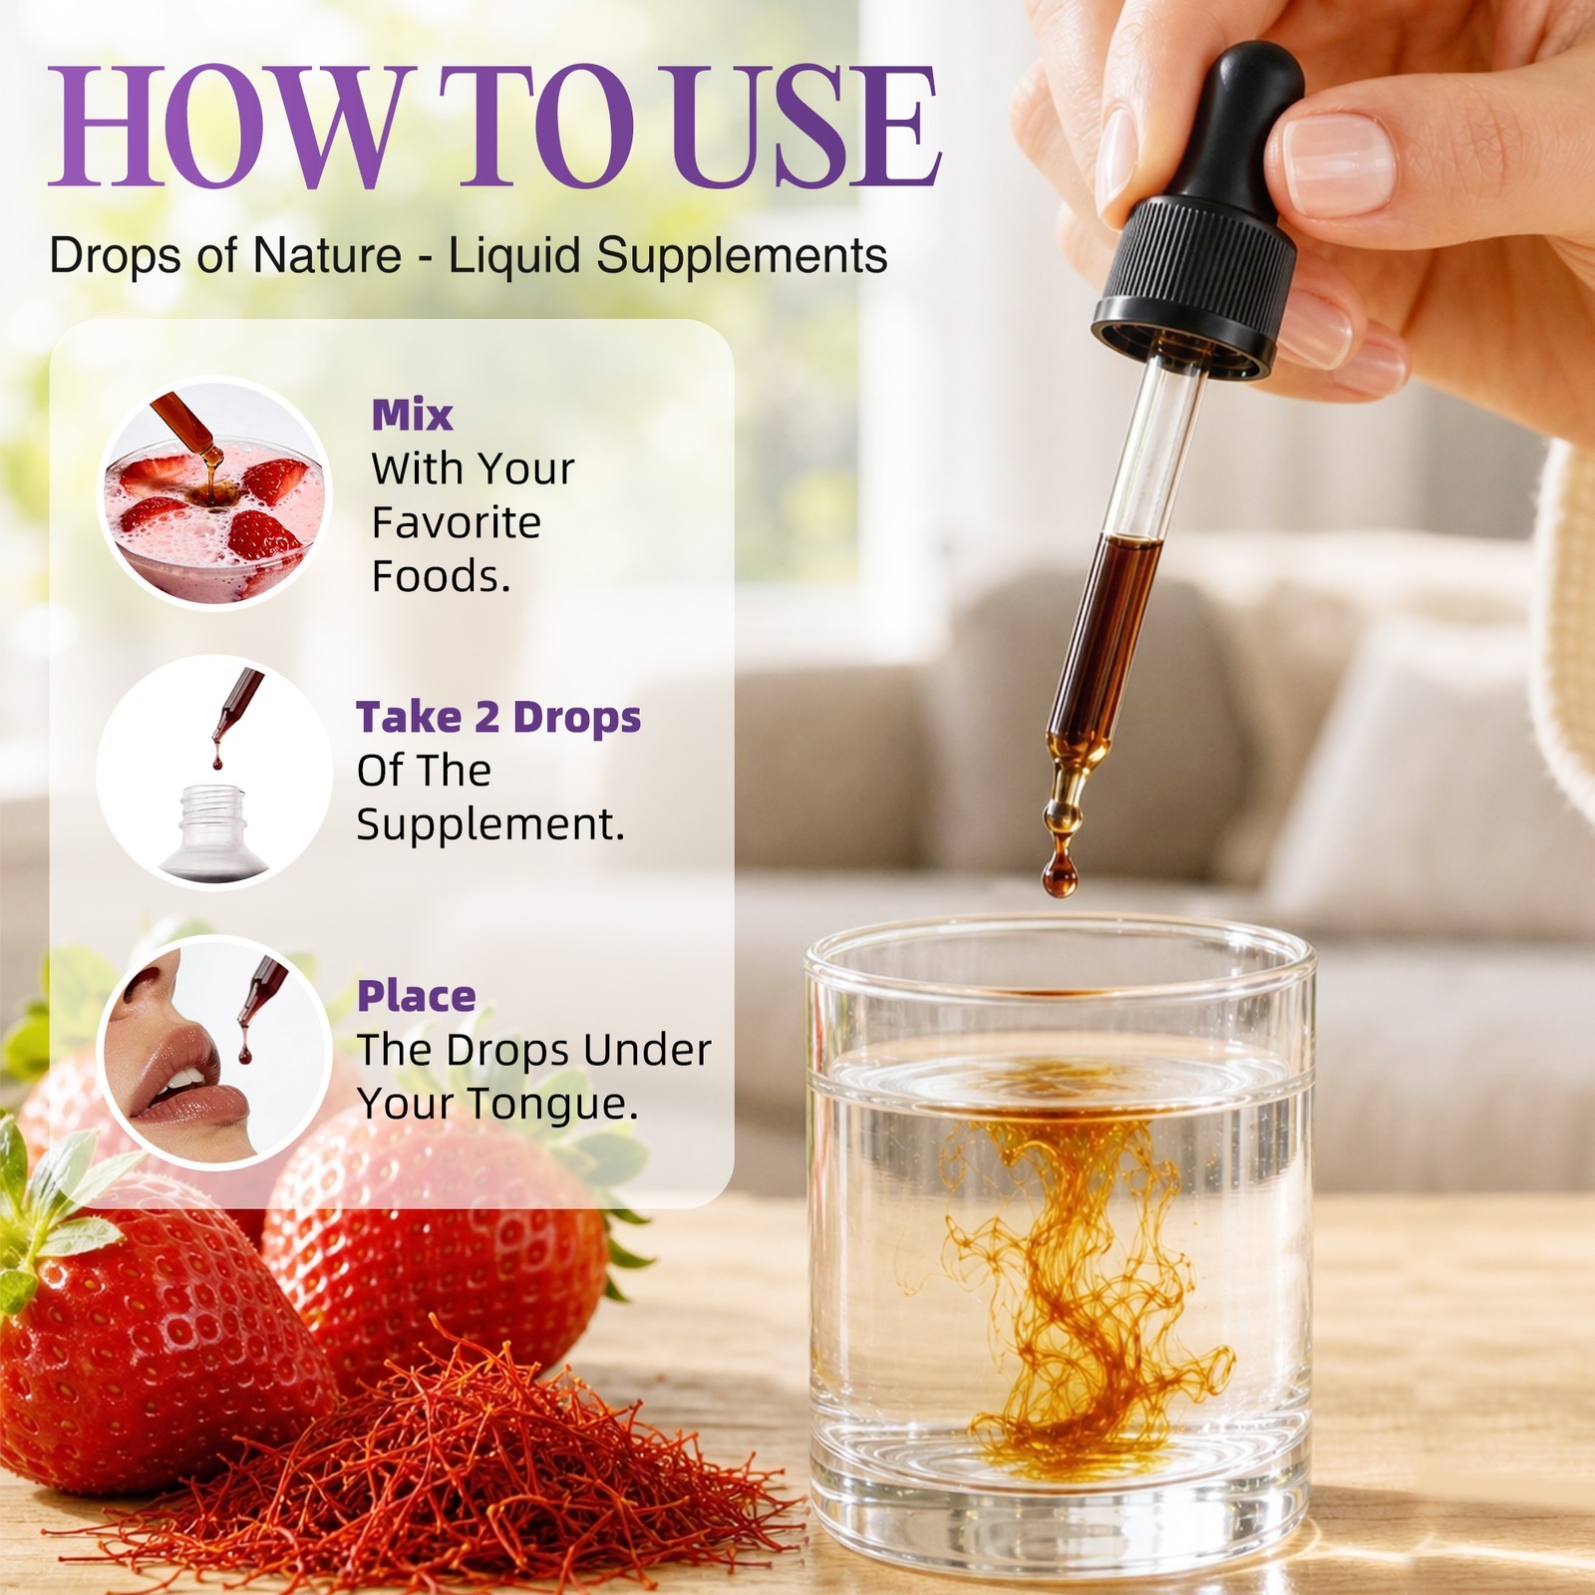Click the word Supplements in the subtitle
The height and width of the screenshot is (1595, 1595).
pos(742,257)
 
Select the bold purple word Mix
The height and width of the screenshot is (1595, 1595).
pos(412,416)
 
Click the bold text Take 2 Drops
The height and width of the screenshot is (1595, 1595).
pos(498,717)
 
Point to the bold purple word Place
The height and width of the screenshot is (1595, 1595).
pos(417,996)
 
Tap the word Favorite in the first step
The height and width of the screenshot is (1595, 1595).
pos(457,522)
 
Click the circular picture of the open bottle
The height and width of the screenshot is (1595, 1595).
pos(213,772)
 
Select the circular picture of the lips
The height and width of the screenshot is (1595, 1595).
pos(213,1052)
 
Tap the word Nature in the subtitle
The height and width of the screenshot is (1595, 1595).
pos(327,255)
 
